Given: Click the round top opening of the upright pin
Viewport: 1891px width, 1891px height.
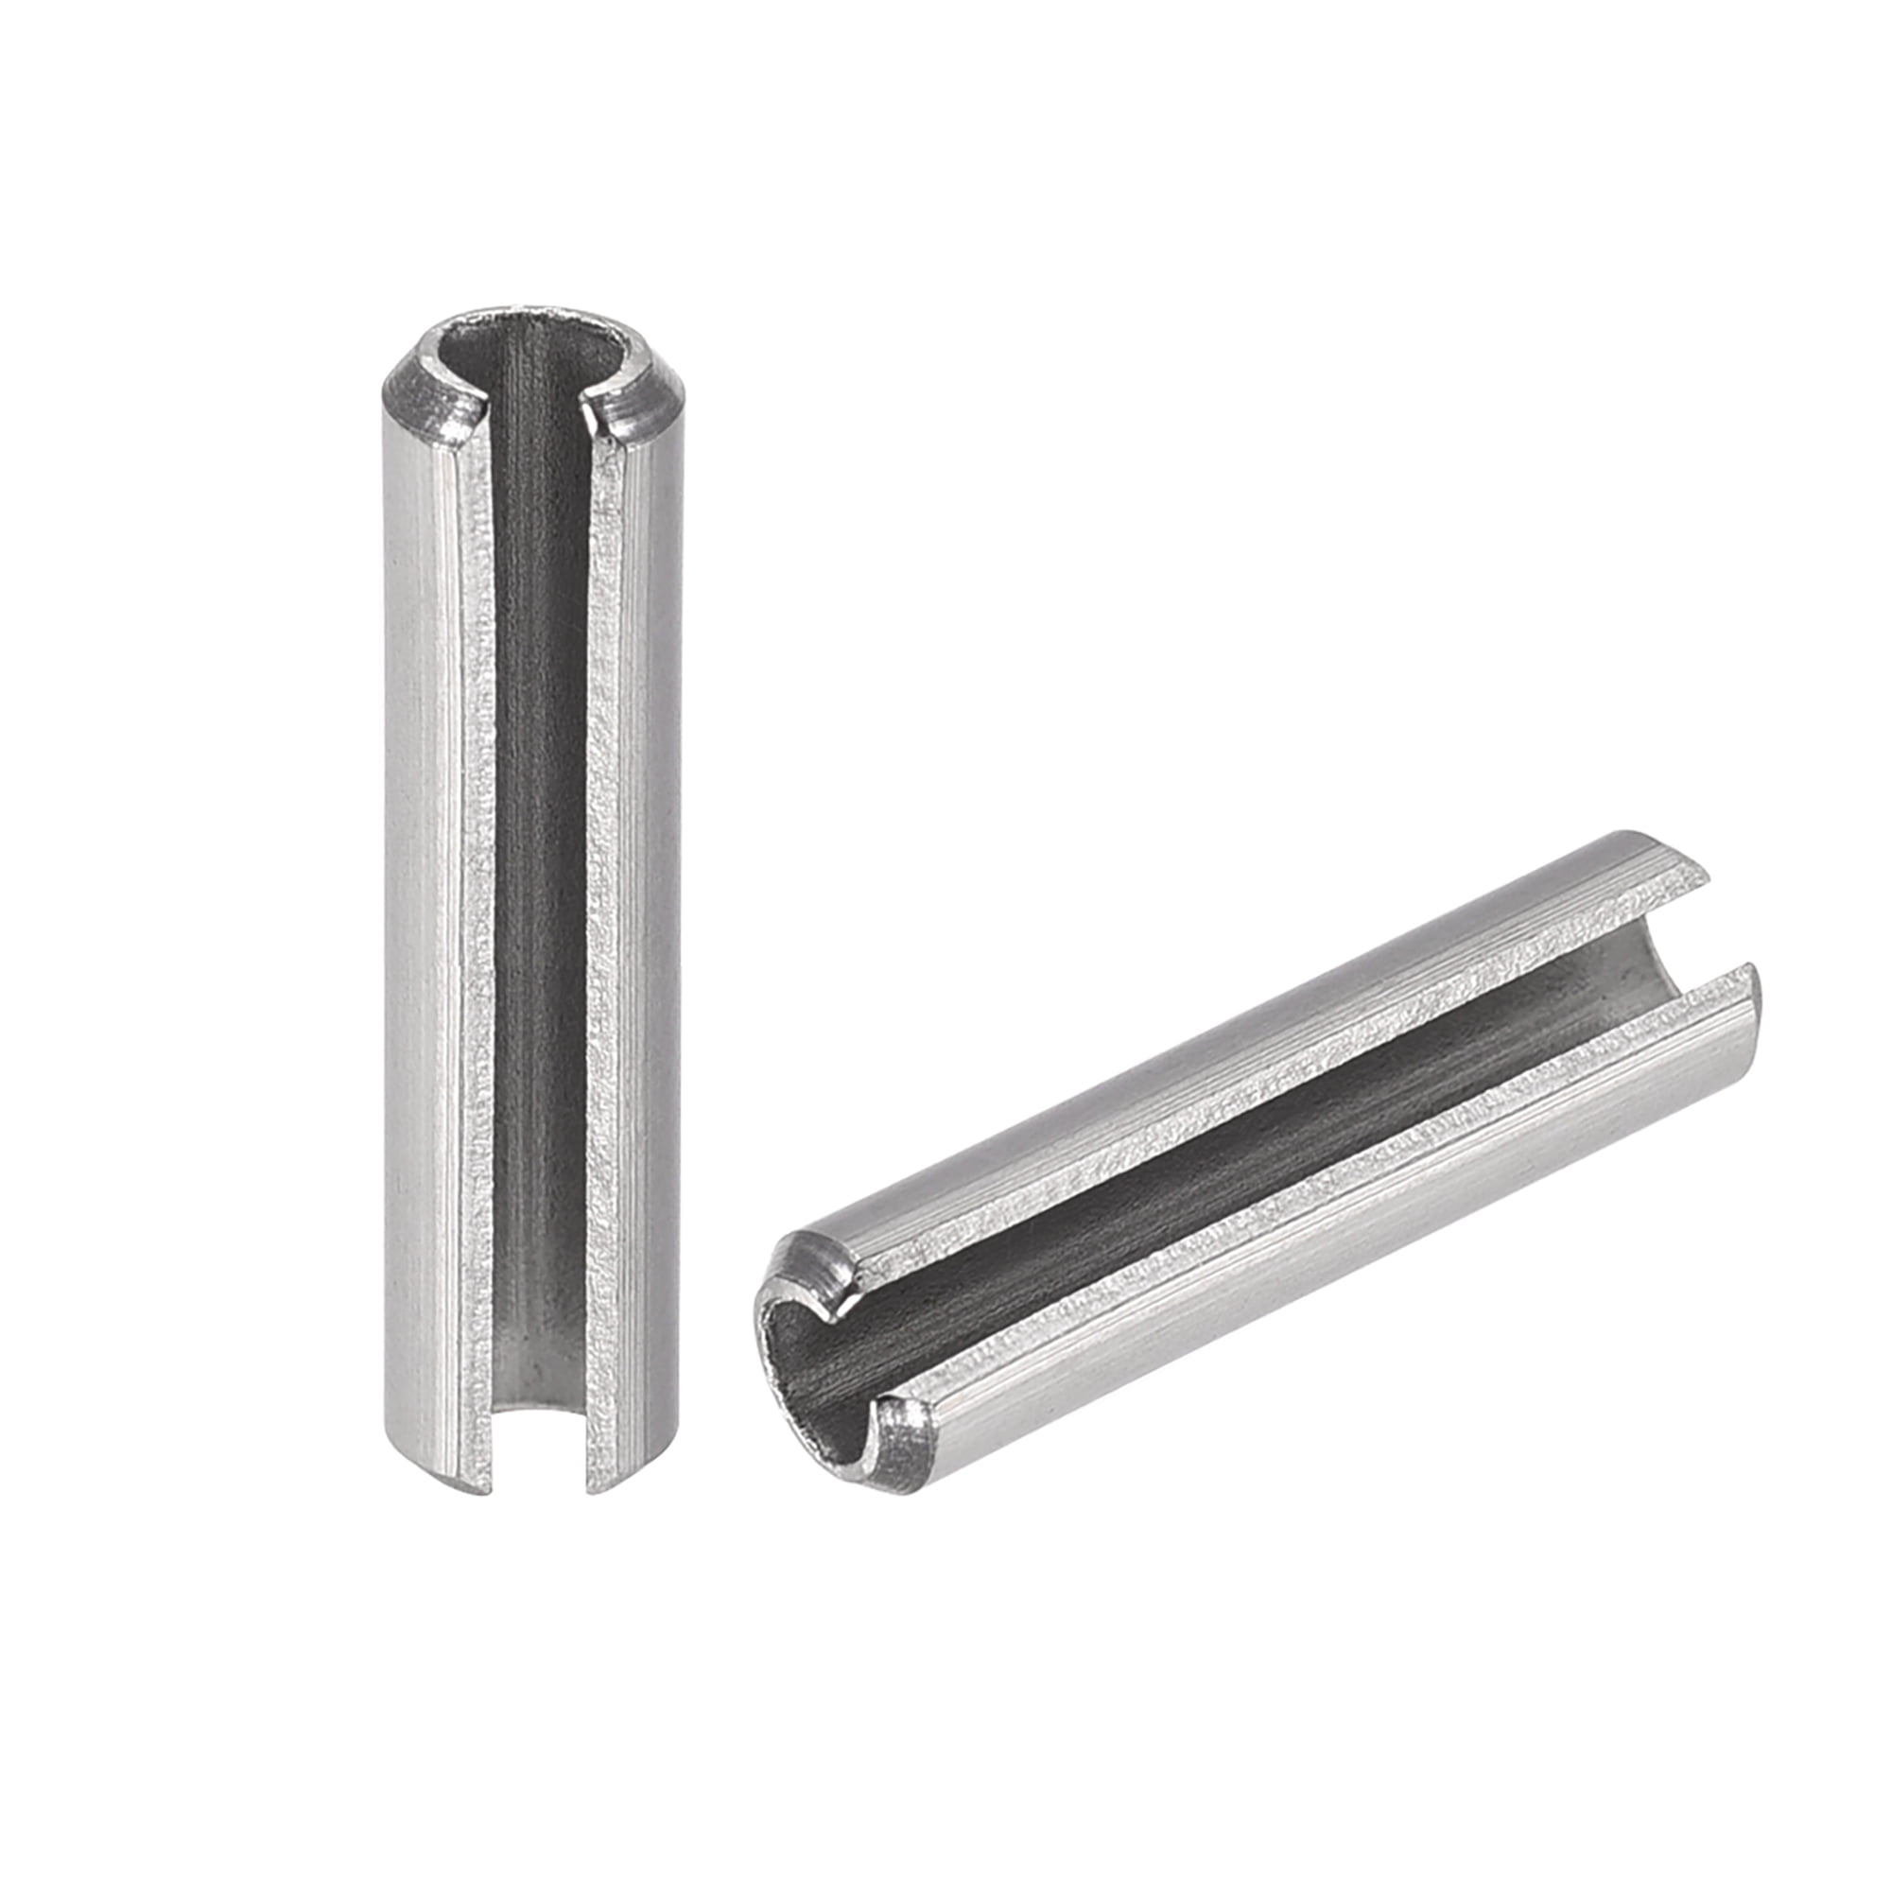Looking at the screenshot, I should pyautogui.click(x=533, y=353).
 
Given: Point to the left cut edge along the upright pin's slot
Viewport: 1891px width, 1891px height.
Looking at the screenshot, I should pyautogui.click(x=479, y=881).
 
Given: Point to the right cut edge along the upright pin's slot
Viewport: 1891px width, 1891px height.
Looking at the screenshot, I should pyautogui.click(x=605, y=881).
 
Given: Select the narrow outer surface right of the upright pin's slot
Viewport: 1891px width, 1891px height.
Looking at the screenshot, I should pyautogui.click(x=651, y=881).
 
